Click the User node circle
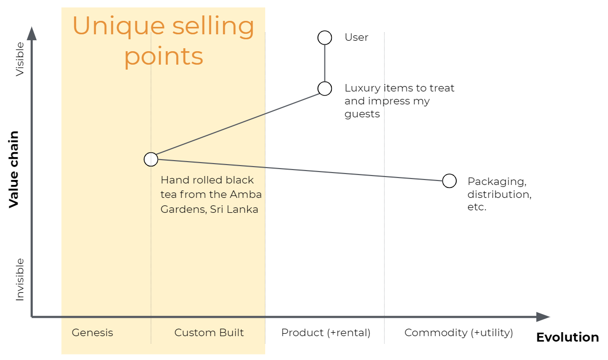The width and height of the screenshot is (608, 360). pyautogui.click(x=324, y=38)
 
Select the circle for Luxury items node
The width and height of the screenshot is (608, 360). pyautogui.click(x=324, y=89)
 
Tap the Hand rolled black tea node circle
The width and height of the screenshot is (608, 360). pyautogui.click(x=151, y=159)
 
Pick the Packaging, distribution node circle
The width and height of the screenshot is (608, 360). pyautogui.click(x=449, y=181)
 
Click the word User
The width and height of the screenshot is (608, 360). pyautogui.click(x=356, y=38)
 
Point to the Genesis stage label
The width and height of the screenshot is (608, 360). pyautogui.click(x=93, y=333)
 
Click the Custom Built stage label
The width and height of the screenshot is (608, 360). pyautogui.click(x=209, y=333)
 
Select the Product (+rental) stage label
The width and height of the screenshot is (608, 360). pyautogui.click(x=326, y=333)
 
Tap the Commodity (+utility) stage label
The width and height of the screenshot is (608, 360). pyautogui.click(x=458, y=333)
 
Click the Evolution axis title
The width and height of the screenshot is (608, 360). pyautogui.click(x=567, y=338)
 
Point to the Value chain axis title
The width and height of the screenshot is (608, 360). pyautogui.click(x=14, y=169)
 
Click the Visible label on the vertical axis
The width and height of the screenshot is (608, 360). pyautogui.click(x=20, y=59)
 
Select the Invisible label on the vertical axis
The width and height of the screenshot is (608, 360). pyautogui.click(x=20, y=279)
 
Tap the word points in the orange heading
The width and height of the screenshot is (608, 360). pyautogui.click(x=164, y=56)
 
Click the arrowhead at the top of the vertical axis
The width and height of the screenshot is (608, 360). pyautogui.click(x=32, y=33)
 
